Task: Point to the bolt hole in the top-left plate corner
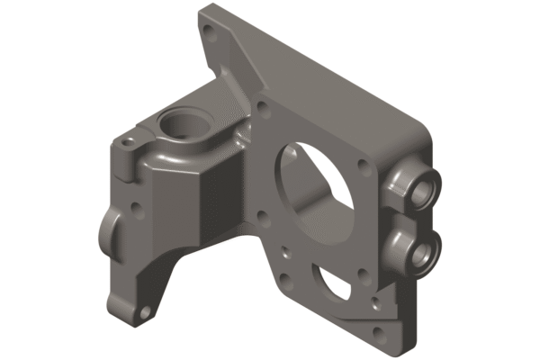point(210,39)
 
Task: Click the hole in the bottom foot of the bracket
point(142,314)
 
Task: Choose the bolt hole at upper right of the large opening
point(363,165)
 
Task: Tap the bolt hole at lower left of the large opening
point(262,215)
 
